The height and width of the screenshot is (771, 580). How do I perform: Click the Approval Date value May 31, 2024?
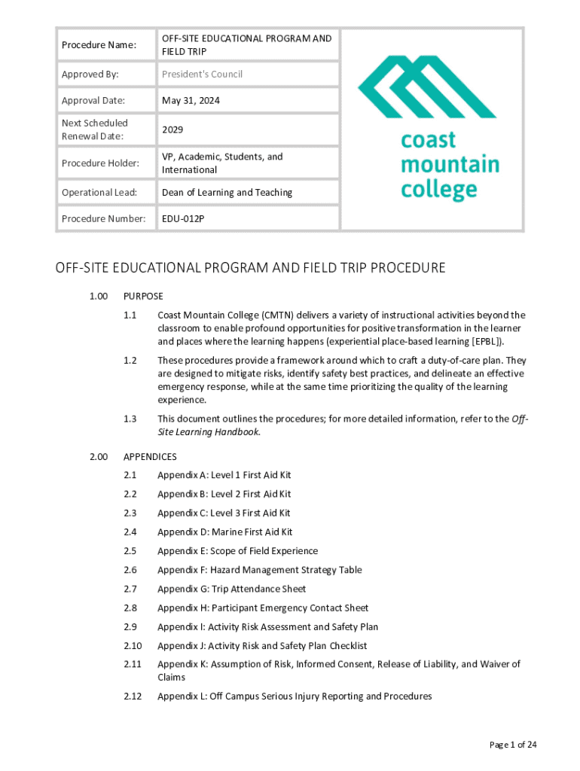pyautogui.click(x=191, y=100)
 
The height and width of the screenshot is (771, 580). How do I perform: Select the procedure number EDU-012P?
pyautogui.click(x=183, y=218)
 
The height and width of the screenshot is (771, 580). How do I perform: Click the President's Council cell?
pyautogui.click(x=202, y=74)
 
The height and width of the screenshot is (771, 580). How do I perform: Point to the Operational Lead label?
pyautogui.click(x=99, y=192)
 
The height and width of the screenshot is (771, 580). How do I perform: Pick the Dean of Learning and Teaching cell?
pyautogui.click(x=227, y=192)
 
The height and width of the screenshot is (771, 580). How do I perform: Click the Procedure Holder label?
pyautogui.click(x=100, y=163)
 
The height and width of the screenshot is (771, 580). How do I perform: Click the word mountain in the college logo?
pyautogui.click(x=450, y=164)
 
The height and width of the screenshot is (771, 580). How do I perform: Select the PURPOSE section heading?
pyautogui.click(x=143, y=296)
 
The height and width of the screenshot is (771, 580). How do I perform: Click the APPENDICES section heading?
pyautogui.click(x=150, y=456)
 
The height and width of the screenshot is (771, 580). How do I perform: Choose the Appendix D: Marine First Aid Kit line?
pyautogui.click(x=224, y=532)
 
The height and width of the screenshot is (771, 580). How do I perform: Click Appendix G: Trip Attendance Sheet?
pyautogui.click(x=231, y=589)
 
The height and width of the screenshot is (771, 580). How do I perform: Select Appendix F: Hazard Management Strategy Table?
pyautogui.click(x=259, y=570)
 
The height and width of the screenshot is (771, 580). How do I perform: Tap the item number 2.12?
pyautogui.click(x=133, y=696)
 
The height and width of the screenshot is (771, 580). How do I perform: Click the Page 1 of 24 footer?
pyautogui.click(x=513, y=745)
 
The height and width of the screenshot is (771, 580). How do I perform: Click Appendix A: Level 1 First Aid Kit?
pyautogui.click(x=224, y=475)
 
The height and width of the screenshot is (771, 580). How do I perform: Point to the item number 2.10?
pyautogui.click(x=133, y=646)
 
